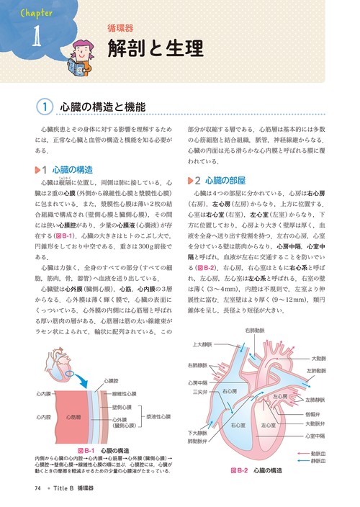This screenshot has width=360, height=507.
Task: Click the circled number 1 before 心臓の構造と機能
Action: [45, 107]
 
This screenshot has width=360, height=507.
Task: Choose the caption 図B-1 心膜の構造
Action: [108, 450]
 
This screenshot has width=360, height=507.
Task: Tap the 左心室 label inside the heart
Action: [267, 425]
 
